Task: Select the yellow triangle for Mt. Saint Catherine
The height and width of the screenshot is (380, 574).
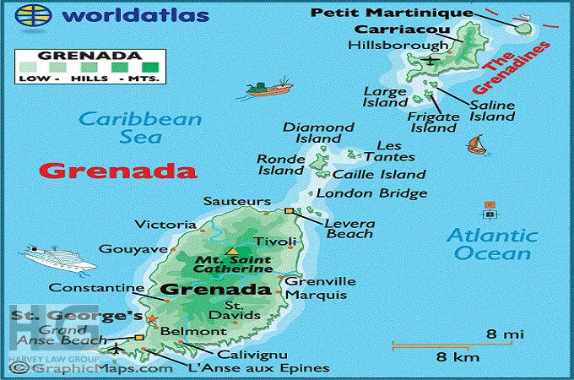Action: pyautogui.click(x=231, y=252)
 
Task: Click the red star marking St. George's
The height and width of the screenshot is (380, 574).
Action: pyautogui.click(x=152, y=318)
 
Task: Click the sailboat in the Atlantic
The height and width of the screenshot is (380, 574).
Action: pyautogui.click(x=478, y=145)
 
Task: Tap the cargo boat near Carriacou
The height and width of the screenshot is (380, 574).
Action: pyautogui.click(x=269, y=87)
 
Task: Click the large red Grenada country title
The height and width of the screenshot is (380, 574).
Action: pyautogui.click(x=106, y=170)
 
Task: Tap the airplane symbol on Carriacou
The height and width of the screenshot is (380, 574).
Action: pyautogui.click(x=431, y=60)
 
